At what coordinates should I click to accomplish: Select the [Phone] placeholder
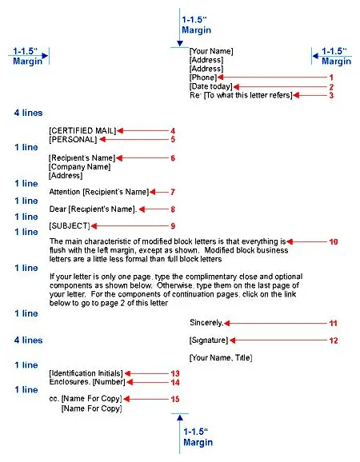point(202,78)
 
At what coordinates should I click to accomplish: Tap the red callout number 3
point(331,95)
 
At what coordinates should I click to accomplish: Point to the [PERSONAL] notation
point(73,139)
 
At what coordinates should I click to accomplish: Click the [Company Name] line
point(79,166)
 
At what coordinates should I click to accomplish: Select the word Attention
point(66,192)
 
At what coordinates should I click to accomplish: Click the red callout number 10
point(334,241)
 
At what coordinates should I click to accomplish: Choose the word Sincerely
point(206,323)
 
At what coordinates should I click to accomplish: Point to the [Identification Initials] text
point(86,373)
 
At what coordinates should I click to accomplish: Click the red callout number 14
point(174,383)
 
